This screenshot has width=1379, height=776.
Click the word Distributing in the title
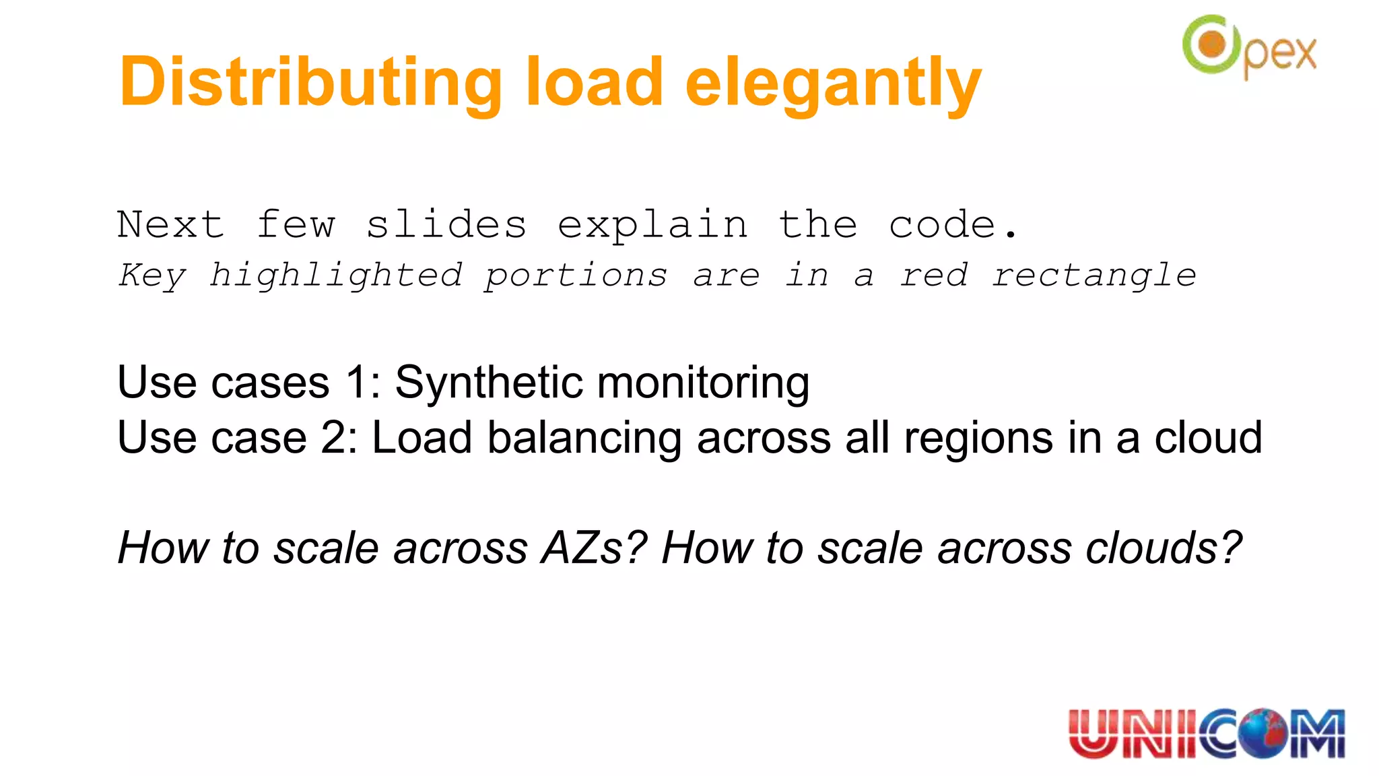click(310, 83)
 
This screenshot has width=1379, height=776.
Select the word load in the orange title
click(595, 82)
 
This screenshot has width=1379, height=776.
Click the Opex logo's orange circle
click(1212, 45)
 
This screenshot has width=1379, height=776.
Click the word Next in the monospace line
click(170, 224)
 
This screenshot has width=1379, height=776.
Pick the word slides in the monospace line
click(446, 224)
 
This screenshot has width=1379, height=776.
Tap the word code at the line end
click(943, 224)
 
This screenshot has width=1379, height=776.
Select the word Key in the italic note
click(152, 276)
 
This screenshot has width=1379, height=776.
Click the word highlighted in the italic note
click(335, 276)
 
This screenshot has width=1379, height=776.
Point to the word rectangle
click(1094, 276)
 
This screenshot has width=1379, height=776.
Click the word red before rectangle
click(934, 276)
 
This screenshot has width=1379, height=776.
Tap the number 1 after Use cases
click(358, 383)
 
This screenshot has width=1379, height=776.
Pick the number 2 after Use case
click(334, 438)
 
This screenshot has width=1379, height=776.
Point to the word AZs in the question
click(593, 547)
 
